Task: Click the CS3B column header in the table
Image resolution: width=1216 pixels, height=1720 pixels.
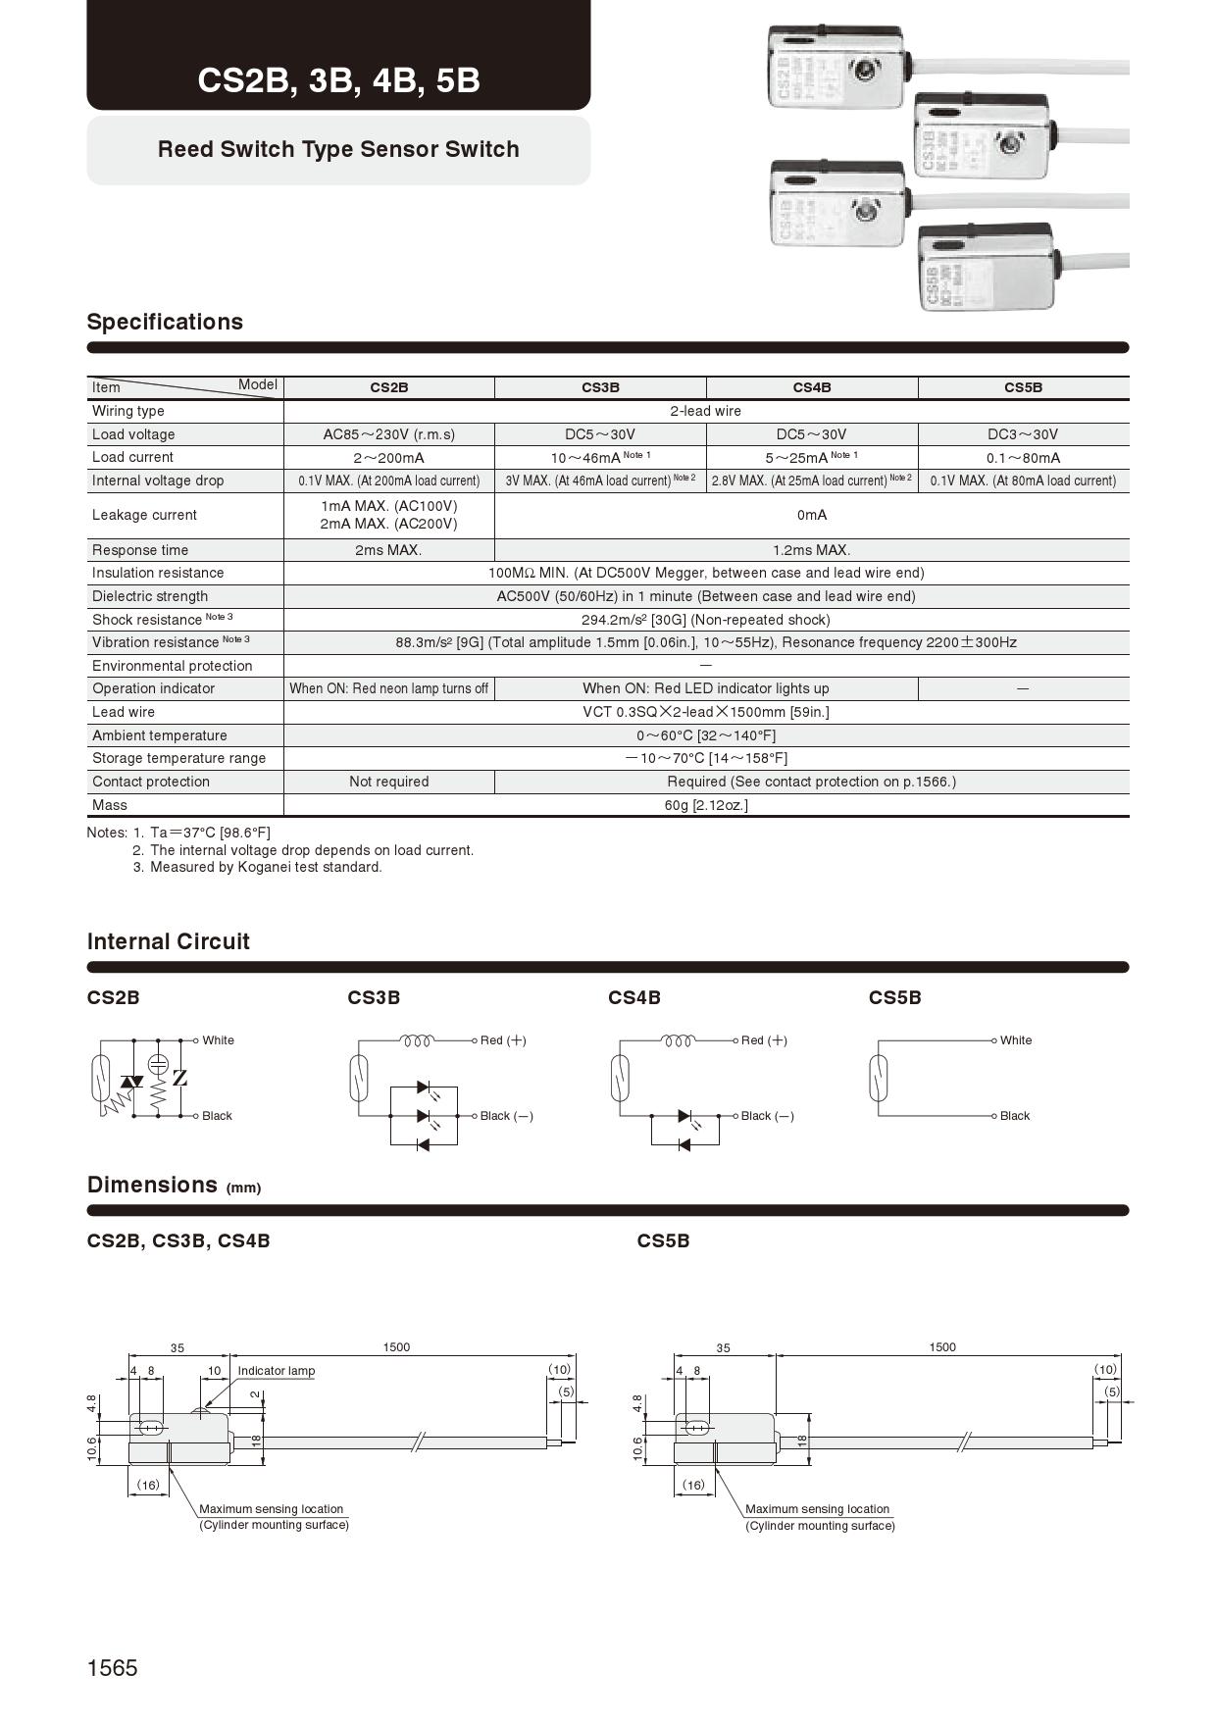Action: tap(600, 387)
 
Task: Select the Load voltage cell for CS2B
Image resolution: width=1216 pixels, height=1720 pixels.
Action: tap(388, 434)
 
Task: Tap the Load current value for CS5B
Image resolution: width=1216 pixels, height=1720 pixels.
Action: tap(1023, 458)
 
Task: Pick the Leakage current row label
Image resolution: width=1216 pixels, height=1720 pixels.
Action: tap(144, 515)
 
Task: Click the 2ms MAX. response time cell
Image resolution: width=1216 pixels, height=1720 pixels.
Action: tap(388, 550)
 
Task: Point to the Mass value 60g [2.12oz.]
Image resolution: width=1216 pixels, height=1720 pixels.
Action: tap(705, 805)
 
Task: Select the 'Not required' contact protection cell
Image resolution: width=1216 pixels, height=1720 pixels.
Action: tap(388, 782)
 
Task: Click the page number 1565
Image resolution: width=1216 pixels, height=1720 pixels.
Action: tap(113, 1668)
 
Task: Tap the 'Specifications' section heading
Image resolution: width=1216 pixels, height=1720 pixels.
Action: tap(165, 322)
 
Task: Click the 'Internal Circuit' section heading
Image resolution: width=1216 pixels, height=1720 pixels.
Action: tap(168, 941)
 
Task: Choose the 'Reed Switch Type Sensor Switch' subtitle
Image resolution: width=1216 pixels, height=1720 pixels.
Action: tap(338, 149)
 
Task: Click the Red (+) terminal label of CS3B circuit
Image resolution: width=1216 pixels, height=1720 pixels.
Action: tap(503, 1040)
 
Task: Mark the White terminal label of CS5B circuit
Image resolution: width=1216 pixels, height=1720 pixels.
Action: tap(1016, 1040)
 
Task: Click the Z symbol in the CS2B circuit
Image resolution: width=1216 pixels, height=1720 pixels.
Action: tap(179, 1079)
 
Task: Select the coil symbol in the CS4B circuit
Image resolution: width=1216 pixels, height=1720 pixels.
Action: tap(679, 1040)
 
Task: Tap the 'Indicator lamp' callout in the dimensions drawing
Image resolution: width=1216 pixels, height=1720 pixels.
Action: tap(276, 1371)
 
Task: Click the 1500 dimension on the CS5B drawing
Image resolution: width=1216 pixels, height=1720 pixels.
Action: tap(941, 1347)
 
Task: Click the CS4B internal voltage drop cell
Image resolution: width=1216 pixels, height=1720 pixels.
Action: tap(811, 481)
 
